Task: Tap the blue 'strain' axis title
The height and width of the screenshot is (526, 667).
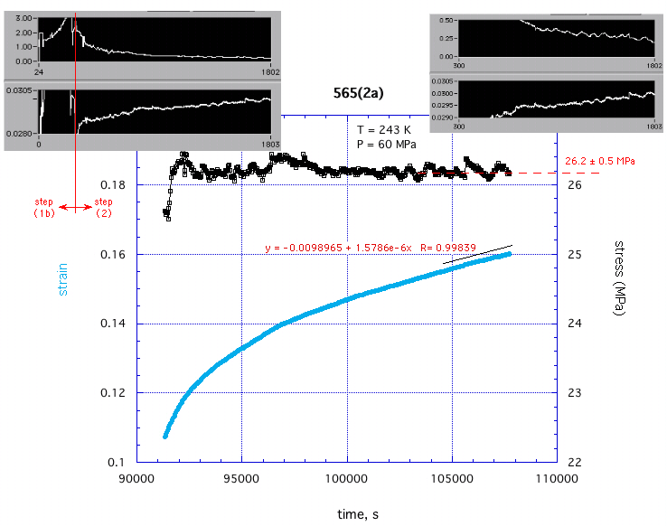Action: tap(63, 279)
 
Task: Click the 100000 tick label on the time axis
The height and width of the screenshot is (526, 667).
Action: tap(347, 478)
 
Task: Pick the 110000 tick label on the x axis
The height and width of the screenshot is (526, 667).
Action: tap(558, 478)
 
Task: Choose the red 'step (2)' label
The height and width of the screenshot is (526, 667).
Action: tap(104, 207)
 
